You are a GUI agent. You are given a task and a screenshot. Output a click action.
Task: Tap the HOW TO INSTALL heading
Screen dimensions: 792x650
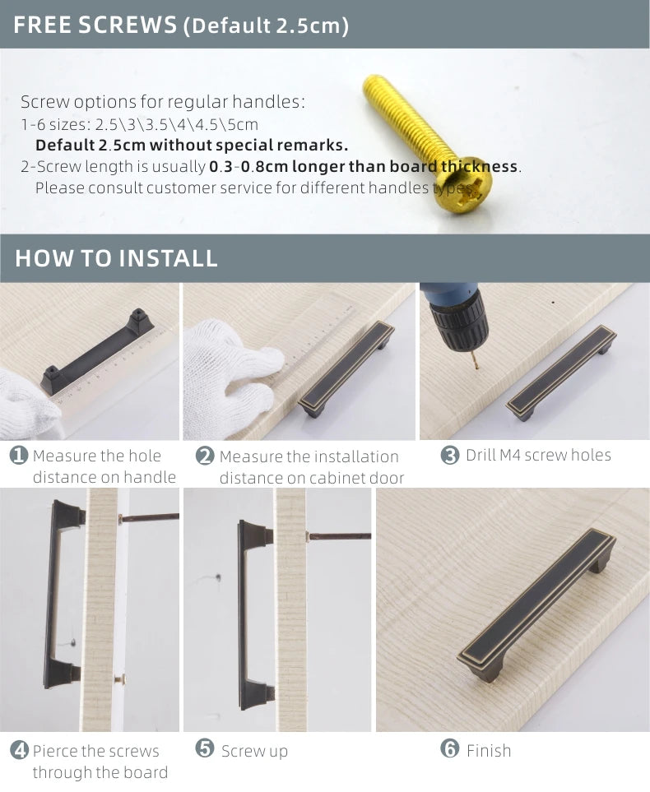pos(116,257)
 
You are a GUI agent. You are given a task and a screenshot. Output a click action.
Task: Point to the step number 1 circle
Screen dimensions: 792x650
pos(19,456)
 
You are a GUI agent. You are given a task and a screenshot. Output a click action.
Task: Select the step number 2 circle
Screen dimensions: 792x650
pos(205,456)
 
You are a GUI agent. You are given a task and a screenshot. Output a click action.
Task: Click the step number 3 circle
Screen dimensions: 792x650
pos(450,456)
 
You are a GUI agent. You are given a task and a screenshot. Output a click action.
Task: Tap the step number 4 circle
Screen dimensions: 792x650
pos(19,750)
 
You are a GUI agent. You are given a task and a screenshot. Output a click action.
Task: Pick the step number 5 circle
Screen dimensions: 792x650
pos(205,748)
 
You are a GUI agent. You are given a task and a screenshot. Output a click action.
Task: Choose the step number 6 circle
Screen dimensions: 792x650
pos(449,749)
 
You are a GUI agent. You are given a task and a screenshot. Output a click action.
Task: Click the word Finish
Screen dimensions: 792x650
pos(489,750)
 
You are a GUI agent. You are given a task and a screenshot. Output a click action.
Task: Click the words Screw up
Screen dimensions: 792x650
pos(254,751)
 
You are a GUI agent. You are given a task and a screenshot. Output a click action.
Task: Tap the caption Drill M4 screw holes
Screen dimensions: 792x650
pos(538,455)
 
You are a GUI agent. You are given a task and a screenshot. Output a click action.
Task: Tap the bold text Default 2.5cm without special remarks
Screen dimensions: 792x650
pos(192,146)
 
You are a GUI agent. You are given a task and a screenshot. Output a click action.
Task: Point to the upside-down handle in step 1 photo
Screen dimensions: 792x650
pos(97,349)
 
